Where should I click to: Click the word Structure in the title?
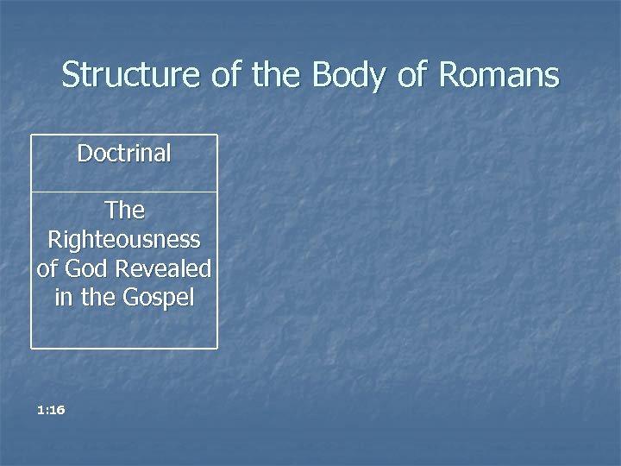coord(132,75)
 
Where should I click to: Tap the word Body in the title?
coord(349,75)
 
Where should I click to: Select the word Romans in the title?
coord(499,75)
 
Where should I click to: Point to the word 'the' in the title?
coord(276,75)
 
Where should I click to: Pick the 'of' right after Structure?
coord(226,75)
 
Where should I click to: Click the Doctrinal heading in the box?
coord(124,154)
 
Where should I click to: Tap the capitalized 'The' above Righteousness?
coord(124,210)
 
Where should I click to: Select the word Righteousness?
coord(124,239)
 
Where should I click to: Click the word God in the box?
coord(86,268)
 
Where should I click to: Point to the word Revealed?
coord(163,268)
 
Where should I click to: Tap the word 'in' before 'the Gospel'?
coord(63,298)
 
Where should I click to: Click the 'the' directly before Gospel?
coord(97,298)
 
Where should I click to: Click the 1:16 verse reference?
coord(52,410)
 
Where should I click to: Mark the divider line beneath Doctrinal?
coord(124,192)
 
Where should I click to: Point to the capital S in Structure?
coord(71,75)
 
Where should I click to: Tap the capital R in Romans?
coord(449,75)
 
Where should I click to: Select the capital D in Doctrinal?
coord(84,154)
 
